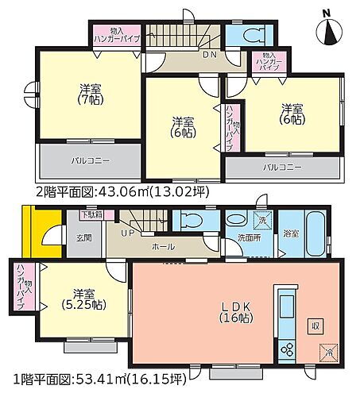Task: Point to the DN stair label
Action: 187,56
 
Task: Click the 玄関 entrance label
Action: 84,237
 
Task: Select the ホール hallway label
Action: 164,247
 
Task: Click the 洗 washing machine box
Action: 260,220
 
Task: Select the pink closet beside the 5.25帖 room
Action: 24,289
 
